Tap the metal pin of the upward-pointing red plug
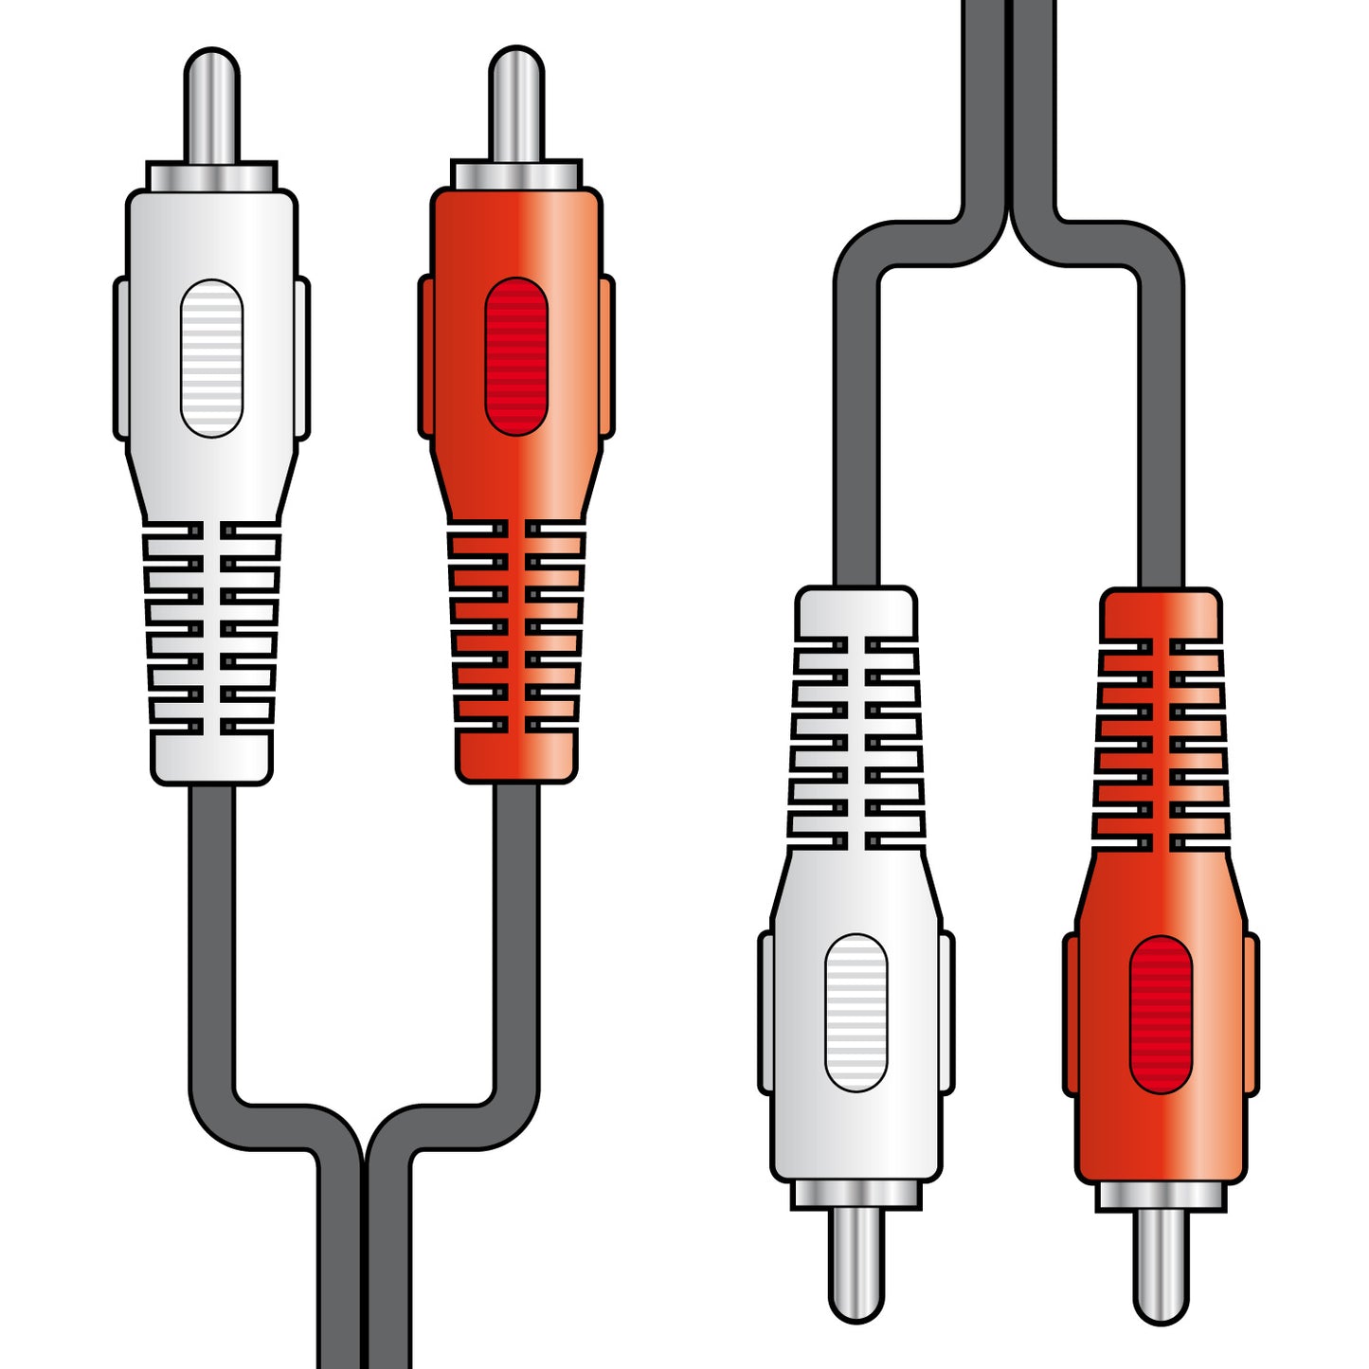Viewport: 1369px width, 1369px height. coord(516,104)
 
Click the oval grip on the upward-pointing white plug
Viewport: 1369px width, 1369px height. coord(211,358)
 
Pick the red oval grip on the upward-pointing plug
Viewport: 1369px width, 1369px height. coord(516,356)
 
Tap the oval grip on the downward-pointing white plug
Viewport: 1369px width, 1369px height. coord(856,1012)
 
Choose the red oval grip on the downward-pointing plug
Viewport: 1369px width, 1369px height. coord(1161,1014)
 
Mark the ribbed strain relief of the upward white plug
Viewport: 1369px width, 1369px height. coord(212,630)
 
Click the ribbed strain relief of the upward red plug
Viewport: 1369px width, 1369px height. coord(516,630)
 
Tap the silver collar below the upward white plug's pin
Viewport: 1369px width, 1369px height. coord(211,177)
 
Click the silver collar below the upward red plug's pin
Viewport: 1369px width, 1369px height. coord(516,175)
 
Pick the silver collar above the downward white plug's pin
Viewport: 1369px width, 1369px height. coord(856,1195)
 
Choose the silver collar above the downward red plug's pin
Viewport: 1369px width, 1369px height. coord(1162,1197)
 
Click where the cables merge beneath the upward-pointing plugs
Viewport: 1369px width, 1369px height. coord(364,1165)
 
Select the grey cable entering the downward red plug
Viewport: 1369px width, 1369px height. coord(1161,426)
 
